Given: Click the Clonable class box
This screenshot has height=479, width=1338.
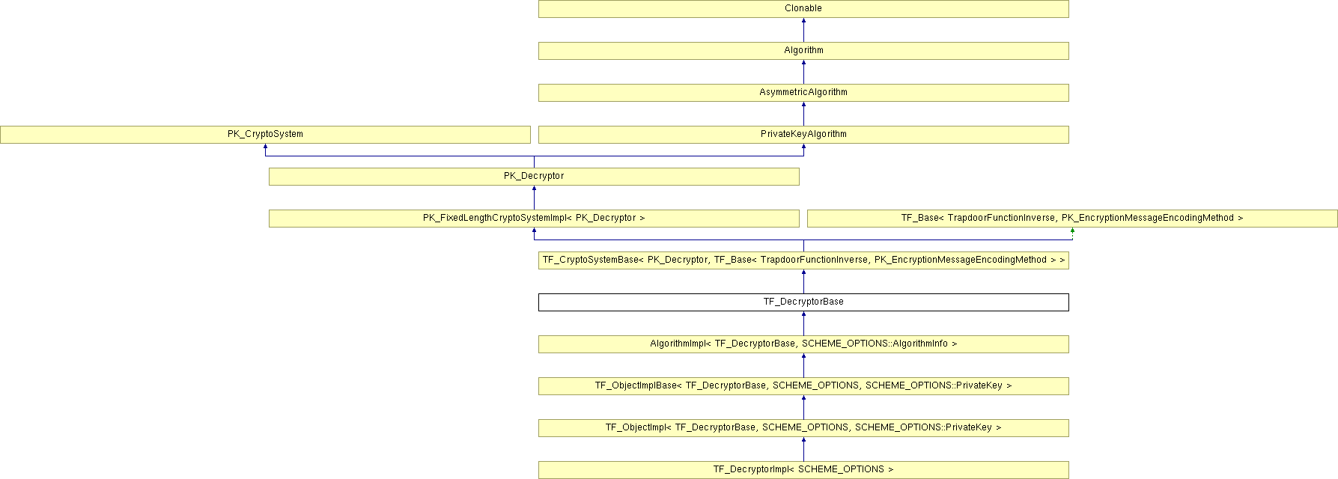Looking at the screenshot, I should coord(803,9).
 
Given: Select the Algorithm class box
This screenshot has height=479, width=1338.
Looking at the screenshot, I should coord(803,51).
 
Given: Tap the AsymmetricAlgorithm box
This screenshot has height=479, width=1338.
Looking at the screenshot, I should coord(803,93).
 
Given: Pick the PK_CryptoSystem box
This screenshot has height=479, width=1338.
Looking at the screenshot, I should coord(265,135).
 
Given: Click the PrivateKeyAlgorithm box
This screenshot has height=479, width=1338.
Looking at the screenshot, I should coord(803,135).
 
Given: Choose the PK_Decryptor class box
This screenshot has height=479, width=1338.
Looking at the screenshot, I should coord(534,177).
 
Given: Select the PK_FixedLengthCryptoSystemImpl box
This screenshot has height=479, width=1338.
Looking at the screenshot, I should coord(534,219).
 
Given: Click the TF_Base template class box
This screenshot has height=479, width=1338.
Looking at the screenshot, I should coord(1072,219).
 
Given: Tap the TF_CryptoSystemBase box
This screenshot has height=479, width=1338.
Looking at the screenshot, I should coord(803,260).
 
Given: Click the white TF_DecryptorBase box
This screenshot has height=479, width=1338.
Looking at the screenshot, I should coord(803,302).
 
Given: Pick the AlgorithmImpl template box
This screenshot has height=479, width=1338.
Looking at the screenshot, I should coord(803,344).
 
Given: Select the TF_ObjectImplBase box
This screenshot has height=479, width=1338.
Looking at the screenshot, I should coord(803,386).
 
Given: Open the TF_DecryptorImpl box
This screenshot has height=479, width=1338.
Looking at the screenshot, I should coord(803,470).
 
